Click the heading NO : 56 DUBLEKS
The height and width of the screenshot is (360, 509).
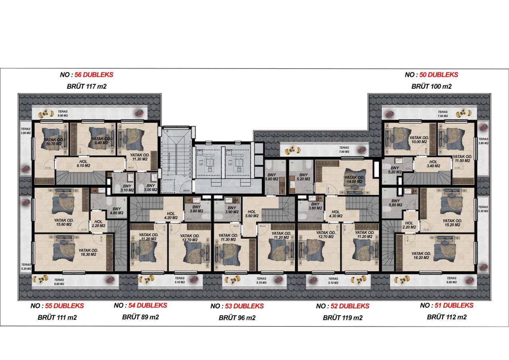pos(86,74)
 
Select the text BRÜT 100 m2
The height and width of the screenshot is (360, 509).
pos(431,86)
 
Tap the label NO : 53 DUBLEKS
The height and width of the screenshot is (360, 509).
pos(237,306)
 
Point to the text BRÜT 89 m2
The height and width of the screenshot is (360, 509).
pos(140,317)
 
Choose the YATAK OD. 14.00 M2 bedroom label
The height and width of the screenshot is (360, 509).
pos(354,179)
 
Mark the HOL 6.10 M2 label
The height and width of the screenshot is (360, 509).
pos(84,164)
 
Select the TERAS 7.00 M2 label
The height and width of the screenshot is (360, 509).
pos(344,150)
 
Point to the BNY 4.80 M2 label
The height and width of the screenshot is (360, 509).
pos(117,210)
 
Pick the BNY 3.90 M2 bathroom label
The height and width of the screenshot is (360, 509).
pos(231,210)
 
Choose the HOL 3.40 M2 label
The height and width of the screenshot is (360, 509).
pos(433,164)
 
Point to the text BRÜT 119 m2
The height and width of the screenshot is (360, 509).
pos(342,318)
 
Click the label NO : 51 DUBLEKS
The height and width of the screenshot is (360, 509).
pos(447,306)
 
